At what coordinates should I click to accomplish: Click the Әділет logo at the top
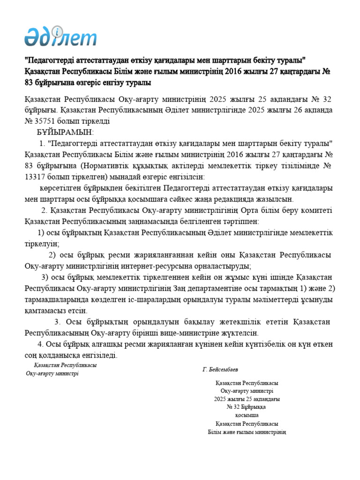[60, 35]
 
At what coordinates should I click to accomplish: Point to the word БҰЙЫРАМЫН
[66, 133]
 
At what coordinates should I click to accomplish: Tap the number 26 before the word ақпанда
[298, 111]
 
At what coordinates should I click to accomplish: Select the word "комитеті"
[317, 210]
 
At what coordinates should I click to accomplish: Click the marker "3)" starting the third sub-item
[47, 277]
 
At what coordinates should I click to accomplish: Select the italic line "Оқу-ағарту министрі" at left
[52, 374]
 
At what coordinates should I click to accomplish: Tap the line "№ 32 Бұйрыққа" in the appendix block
[247, 407]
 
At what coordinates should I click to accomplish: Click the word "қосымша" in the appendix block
[247, 415]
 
